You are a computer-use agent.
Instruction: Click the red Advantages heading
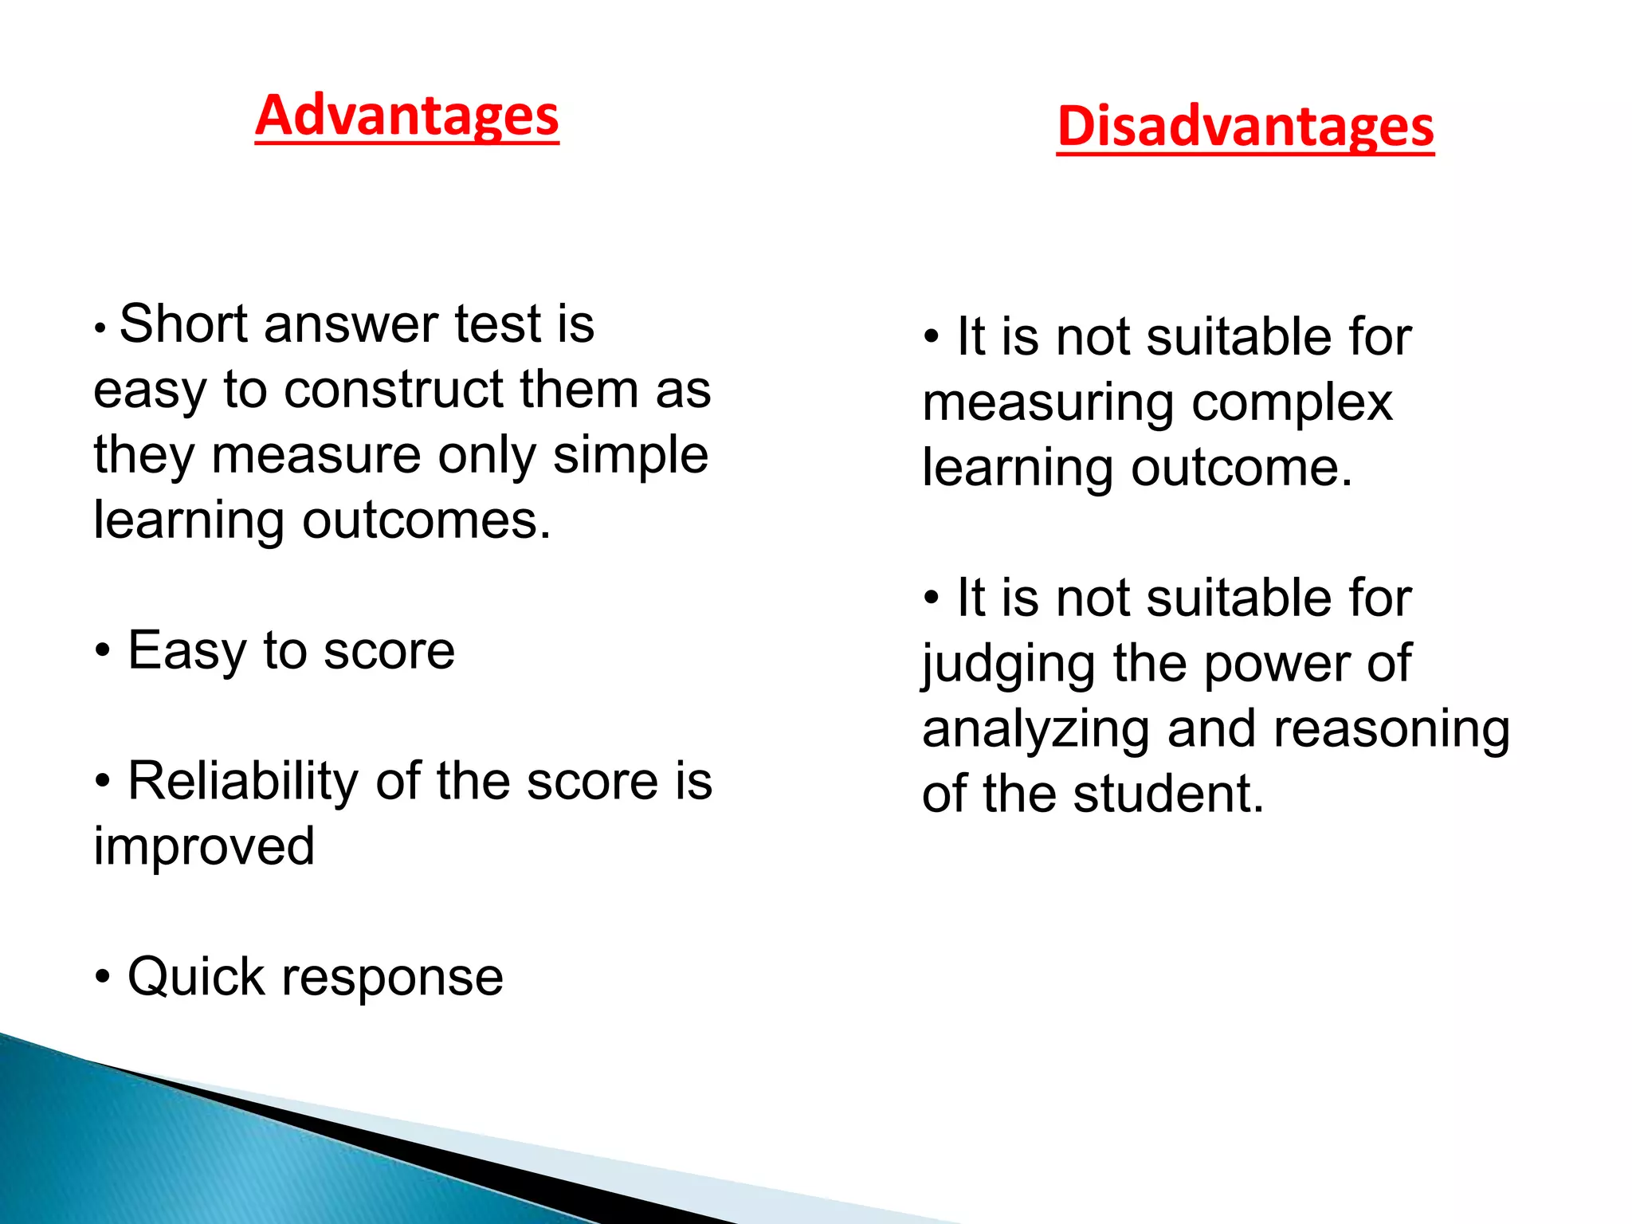coord(407,116)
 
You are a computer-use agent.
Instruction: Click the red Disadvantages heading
coord(1245,127)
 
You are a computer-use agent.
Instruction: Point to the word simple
coord(630,456)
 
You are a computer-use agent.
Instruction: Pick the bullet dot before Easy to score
coord(102,652)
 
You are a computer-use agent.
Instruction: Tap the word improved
coord(204,846)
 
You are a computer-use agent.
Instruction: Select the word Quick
coord(195,977)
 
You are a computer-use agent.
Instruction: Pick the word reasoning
coord(1391,730)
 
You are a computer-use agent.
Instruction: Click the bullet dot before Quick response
coord(102,977)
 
